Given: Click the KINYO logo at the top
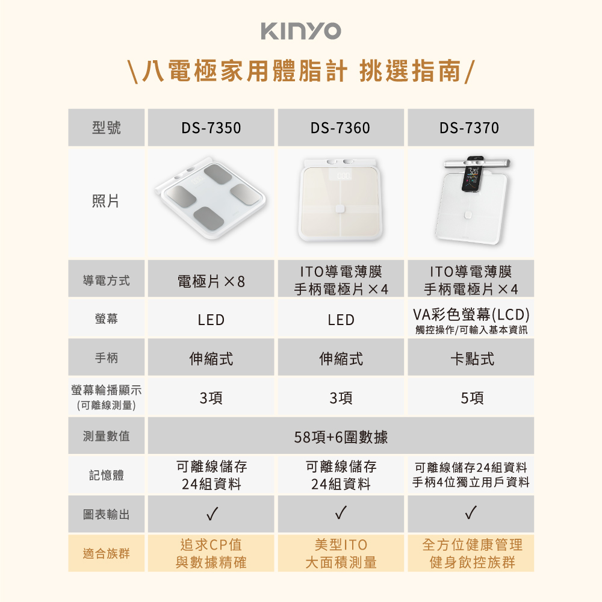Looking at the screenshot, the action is [301, 31].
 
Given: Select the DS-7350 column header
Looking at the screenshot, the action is [211, 128].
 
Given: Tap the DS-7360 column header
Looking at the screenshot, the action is [341, 128].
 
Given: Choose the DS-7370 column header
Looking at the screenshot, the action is [470, 128].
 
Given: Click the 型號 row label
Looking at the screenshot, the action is [107, 128].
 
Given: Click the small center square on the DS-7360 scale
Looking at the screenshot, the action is [340, 208].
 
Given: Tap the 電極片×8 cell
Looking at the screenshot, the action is [211, 281].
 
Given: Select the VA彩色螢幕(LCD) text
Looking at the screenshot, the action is [471, 314].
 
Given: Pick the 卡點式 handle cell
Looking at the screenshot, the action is [472, 359].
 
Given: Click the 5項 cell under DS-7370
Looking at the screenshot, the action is [472, 398].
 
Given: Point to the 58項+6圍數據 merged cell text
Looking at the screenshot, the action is [341, 437].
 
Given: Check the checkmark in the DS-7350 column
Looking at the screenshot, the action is [212, 514].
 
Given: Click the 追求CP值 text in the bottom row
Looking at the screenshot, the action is [211, 545].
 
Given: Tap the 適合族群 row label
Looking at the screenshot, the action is [107, 554].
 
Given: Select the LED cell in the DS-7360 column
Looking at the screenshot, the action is [341, 320].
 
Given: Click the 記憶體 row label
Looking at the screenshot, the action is [107, 476].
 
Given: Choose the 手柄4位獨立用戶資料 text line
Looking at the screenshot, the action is [471, 482].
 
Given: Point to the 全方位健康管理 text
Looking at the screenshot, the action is [472, 545].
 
